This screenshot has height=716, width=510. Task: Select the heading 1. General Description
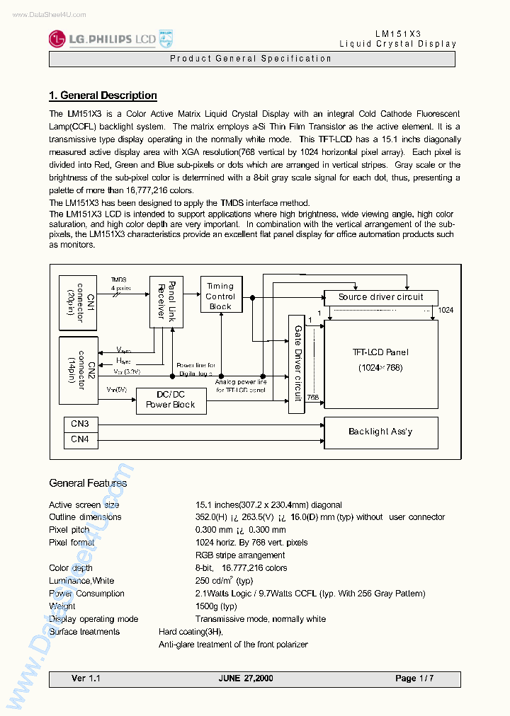pos(103,96)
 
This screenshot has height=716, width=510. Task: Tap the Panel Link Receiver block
pos(166,301)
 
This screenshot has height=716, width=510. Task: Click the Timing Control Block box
pos(220,296)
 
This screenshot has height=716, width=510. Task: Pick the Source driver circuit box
pos(380,297)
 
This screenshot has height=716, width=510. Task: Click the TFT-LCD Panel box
pos(380,359)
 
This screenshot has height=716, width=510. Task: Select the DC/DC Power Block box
pos(170,400)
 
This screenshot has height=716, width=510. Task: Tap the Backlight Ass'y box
pos(380,432)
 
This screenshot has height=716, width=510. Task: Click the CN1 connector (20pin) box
pos(79,303)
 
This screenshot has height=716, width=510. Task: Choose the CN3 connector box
pos(80,424)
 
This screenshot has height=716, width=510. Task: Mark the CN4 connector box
pos(80,439)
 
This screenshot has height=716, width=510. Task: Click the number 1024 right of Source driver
pos(446,310)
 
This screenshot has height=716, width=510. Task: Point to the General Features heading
pos(88,483)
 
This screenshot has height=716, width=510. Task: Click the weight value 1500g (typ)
pos(216,606)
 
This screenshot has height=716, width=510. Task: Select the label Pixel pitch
pos(69,530)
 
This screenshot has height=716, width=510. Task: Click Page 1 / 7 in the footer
pos(414,679)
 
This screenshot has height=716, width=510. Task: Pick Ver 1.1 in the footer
pos(86,679)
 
